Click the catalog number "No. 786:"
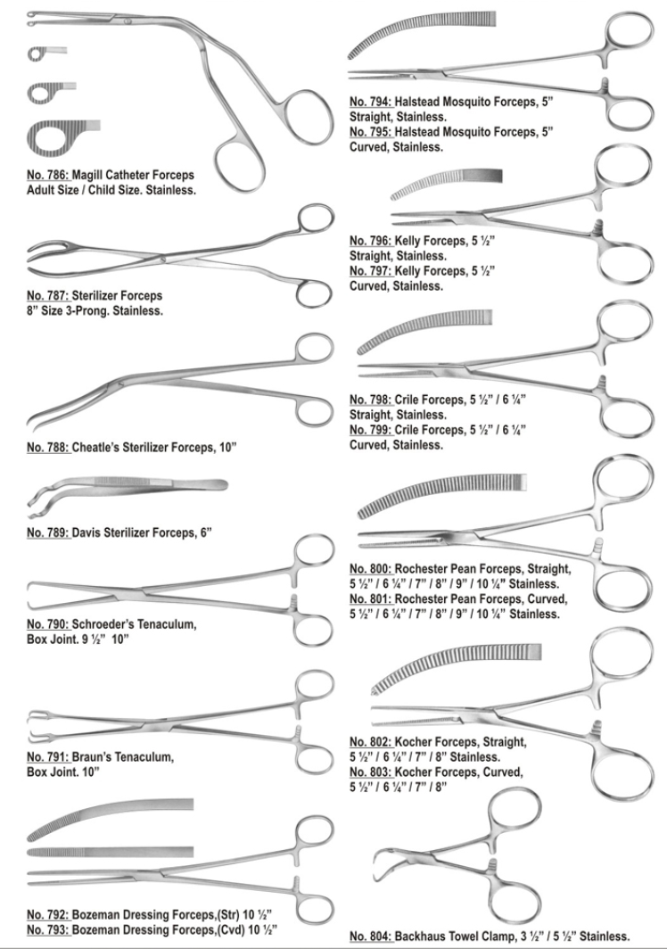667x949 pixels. [48, 175]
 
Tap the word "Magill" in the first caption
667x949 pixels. [87, 175]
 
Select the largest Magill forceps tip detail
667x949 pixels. [63, 136]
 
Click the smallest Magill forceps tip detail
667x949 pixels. [46, 54]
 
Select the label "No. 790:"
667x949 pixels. [48, 624]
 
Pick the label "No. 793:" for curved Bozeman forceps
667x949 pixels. [48, 929]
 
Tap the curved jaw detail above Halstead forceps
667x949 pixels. [421, 34]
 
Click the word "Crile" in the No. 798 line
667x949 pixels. [408, 400]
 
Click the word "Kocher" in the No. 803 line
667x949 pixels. [414, 772]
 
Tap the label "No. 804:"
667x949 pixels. [371, 937]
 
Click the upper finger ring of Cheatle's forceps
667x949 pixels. [316, 350]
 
